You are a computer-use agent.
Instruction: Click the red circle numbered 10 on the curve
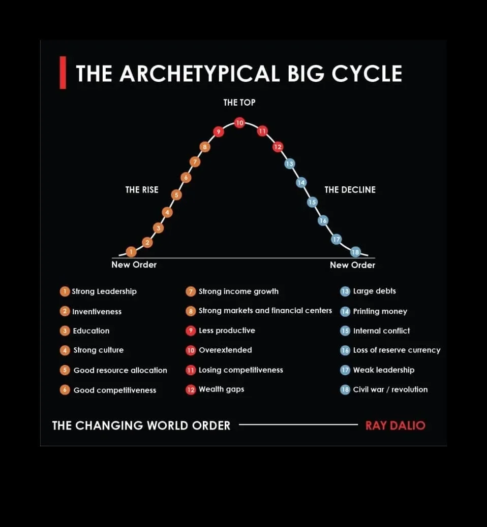[239, 122]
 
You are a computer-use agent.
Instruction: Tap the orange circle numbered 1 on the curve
[131, 251]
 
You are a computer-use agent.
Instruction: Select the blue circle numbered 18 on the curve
[355, 252]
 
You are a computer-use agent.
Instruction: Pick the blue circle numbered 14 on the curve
[301, 182]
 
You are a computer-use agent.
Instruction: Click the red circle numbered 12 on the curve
[278, 147]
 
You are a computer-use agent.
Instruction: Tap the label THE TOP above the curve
[239, 103]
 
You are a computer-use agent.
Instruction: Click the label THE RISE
[142, 190]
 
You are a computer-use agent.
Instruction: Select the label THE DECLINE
[350, 190]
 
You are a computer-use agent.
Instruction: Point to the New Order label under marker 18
[352, 265]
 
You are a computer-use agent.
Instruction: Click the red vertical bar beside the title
[63, 73]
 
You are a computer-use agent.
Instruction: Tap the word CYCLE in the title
[367, 74]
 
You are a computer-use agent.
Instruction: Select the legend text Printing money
[380, 311]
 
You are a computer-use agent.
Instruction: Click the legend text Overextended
[225, 350]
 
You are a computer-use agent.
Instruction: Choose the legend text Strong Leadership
[104, 291]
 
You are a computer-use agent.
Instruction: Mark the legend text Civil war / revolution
[390, 389]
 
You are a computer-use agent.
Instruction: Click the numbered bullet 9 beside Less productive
[191, 331]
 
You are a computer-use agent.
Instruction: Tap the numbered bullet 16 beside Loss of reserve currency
[345, 350]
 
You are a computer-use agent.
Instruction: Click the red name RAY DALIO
[395, 425]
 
